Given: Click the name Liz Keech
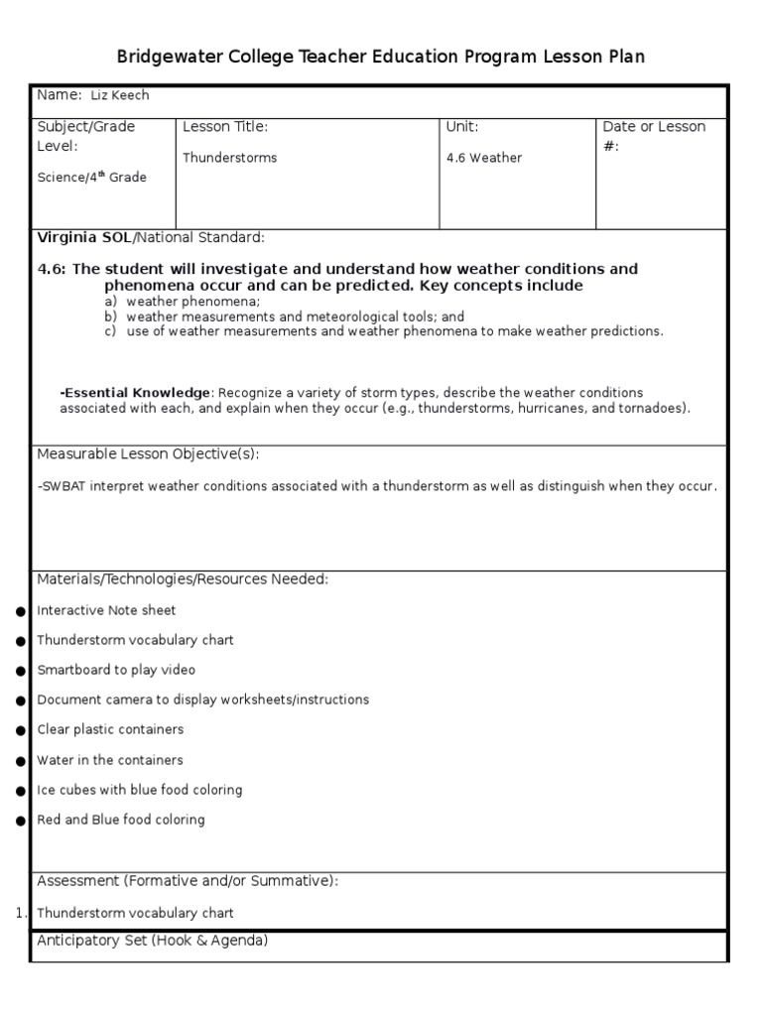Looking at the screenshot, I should coord(120,95).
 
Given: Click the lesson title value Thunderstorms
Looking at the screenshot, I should coord(229,158).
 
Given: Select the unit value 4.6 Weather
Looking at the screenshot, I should coord(483,158).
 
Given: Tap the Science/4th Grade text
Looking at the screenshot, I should coord(91,177).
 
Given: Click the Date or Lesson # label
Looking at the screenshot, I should coord(654,136).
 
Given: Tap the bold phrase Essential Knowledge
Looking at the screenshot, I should coord(137,393).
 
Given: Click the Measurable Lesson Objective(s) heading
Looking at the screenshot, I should coord(148,453).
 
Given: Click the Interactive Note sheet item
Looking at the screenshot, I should coord(106,610).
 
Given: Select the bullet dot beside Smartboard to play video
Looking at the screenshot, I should coord(21,671).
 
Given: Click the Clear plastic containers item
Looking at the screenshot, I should coord(110,729).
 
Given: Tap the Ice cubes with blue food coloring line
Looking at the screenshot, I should coord(139,790).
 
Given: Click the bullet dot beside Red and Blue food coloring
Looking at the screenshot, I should coord(21,821).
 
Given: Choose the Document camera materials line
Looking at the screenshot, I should coord(202,699).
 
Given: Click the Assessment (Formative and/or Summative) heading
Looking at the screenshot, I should coord(188,880).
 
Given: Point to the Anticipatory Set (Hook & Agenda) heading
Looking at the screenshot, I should coord(152,940).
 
